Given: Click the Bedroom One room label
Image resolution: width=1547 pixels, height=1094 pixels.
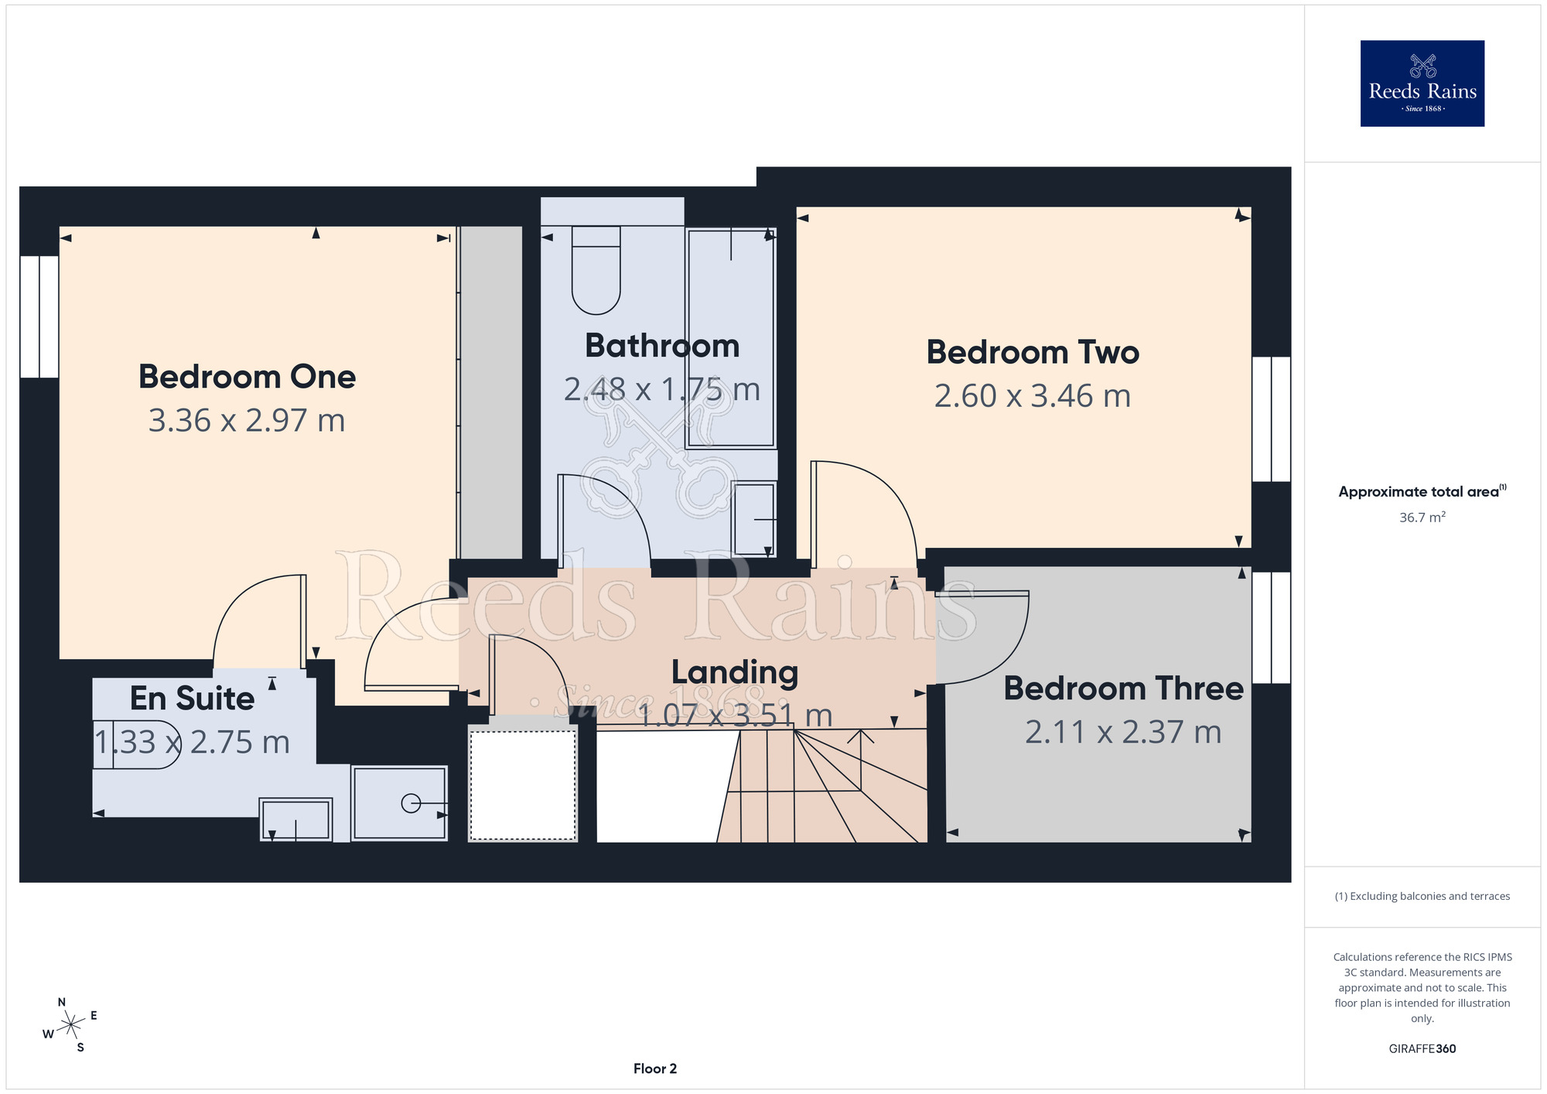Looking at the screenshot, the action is (247, 377).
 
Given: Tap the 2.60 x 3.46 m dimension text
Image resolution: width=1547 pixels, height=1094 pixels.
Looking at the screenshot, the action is (1033, 396).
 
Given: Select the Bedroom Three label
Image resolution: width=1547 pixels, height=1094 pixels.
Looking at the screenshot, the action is (1123, 689).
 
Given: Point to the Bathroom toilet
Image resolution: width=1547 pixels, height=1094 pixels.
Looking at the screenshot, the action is (596, 270).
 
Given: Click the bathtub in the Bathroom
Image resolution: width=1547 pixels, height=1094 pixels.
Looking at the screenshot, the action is (731, 337).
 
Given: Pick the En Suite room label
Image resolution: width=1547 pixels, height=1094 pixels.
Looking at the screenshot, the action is (192, 698).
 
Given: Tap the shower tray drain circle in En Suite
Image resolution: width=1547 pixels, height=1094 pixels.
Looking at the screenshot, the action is (411, 804).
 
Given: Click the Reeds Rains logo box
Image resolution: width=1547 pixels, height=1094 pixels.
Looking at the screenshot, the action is (1422, 84).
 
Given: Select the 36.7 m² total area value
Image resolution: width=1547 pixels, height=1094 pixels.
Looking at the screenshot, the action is (1422, 517).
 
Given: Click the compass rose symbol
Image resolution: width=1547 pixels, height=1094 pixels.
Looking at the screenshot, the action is (70, 1025).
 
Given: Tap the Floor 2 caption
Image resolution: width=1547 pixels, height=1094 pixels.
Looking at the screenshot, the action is (655, 1068).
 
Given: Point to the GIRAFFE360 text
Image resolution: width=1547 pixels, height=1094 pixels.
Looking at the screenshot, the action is (1422, 1049).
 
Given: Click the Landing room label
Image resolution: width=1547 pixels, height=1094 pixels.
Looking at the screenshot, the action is (735, 673).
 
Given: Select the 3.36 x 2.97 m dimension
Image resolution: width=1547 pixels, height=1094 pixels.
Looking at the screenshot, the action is (247, 421).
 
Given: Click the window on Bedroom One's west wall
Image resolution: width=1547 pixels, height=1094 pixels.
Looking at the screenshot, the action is (39, 317).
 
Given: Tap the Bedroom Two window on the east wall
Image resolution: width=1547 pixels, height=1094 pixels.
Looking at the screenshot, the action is (1272, 419).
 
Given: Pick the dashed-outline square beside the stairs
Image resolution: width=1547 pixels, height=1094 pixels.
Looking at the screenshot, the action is (524, 785).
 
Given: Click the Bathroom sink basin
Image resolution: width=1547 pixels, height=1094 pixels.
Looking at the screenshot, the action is (754, 519).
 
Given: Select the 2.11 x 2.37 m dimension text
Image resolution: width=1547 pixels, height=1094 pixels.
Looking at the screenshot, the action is (1123, 733).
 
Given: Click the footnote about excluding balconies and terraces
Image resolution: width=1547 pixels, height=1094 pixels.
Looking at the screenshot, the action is (1422, 896).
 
